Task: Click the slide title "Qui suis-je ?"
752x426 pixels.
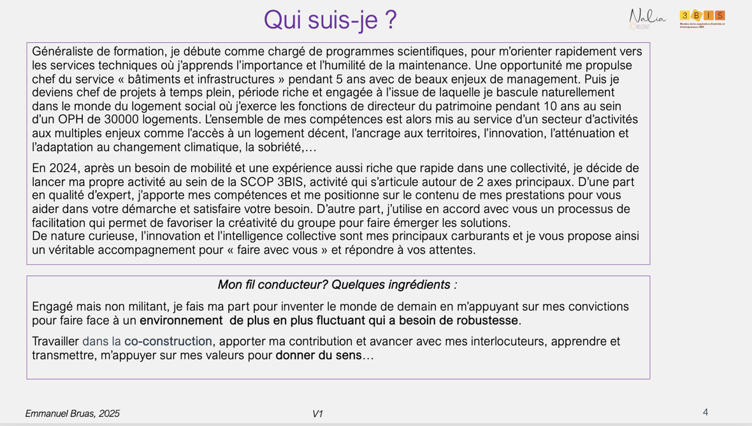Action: (x=329, y=20)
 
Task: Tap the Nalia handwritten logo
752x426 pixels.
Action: (x=647, y=18)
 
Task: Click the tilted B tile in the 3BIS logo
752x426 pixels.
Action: (x=697, y=16)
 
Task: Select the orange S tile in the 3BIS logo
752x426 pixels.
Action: (x=719, y=15)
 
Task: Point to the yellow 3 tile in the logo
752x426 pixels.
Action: (x=685, y=15)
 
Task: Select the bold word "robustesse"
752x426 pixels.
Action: (x=487, y=321)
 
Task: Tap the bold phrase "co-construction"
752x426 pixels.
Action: (x=168, y=342)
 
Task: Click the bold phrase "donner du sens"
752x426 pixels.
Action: (x=319, y=356)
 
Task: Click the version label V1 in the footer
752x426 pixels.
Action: (x=317, y=414)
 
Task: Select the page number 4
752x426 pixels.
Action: (x=705, y=413)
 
